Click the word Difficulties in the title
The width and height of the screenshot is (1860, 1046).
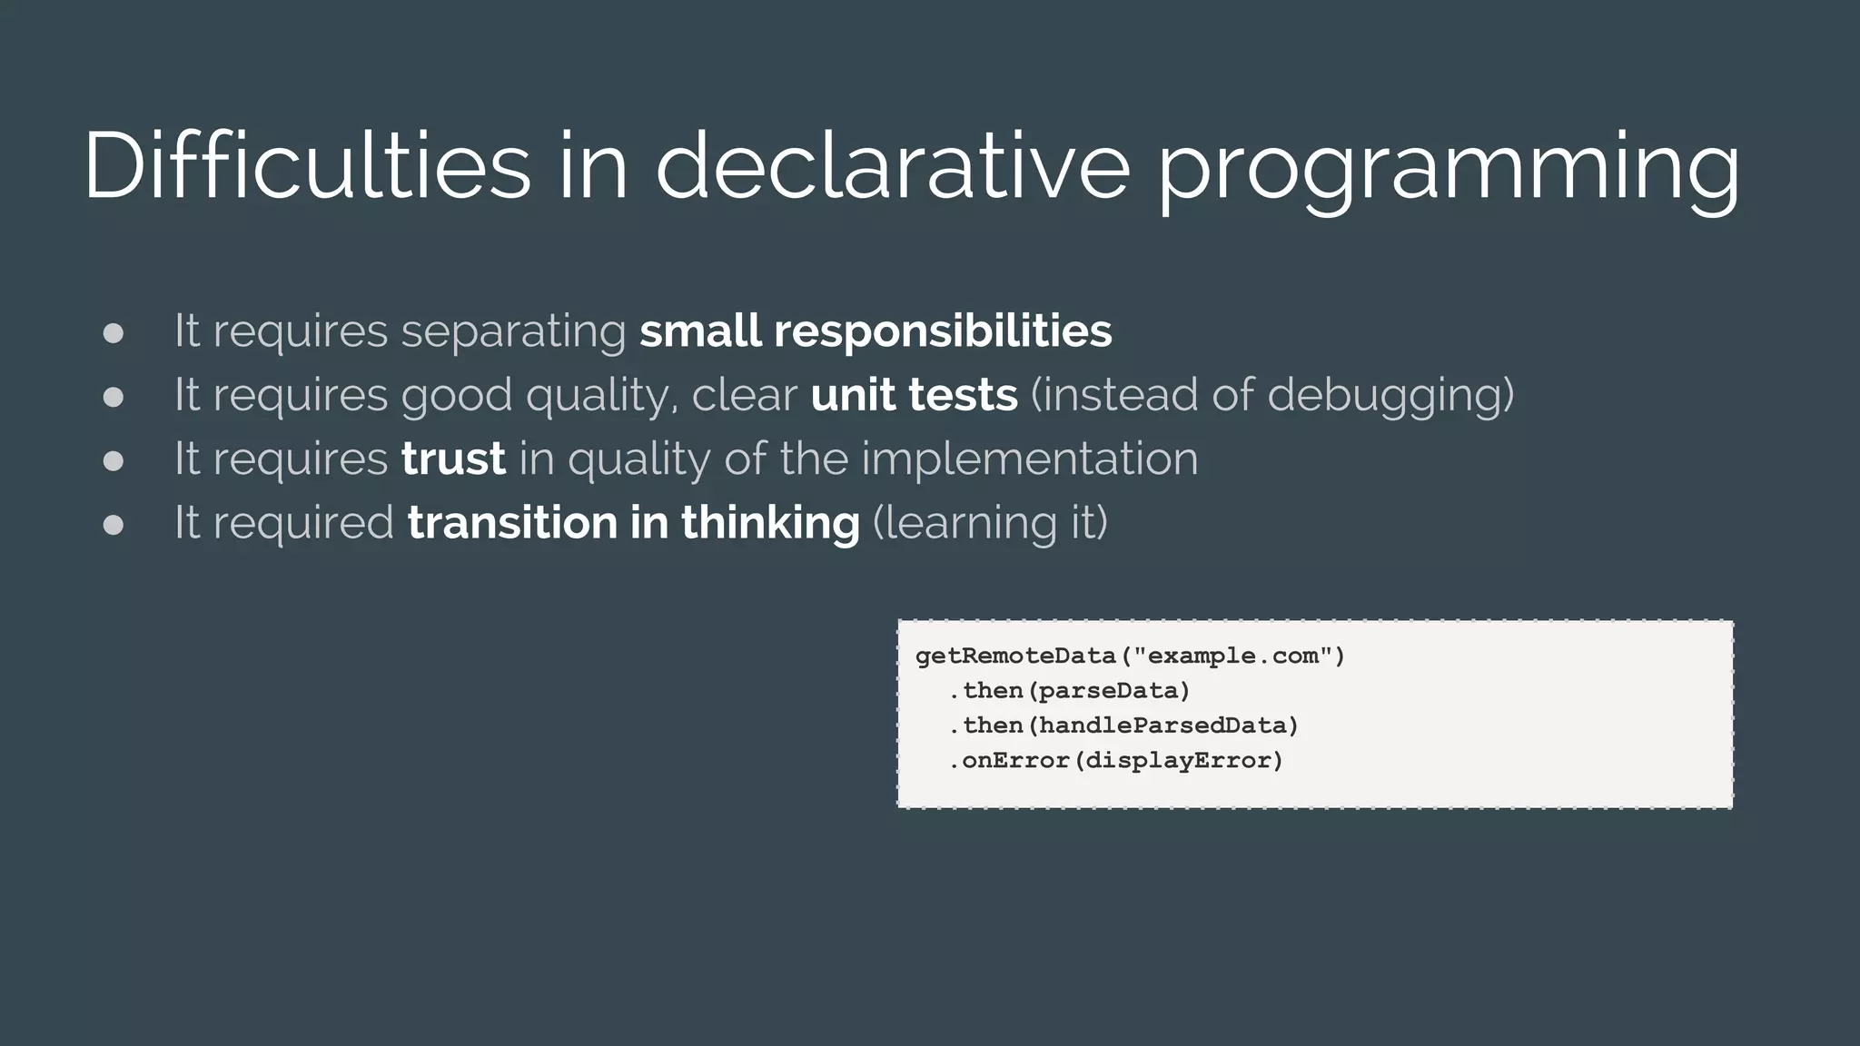click(307, 166)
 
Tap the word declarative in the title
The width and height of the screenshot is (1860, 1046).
click(893, 166)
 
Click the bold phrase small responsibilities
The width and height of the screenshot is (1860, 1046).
click(876, 331)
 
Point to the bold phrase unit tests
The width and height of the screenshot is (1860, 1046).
click(914, 395)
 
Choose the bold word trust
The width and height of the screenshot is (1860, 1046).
click(453, 459)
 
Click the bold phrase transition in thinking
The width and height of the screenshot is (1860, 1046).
click(633, 523)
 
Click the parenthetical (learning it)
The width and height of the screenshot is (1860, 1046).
click(990, 524)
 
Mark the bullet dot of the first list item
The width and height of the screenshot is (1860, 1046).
click(114, 333)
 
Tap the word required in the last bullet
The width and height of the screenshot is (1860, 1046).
click(303, 524)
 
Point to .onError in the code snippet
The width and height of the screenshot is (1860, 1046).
click(1008, 760)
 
